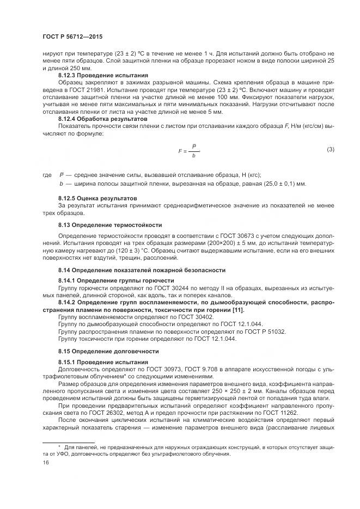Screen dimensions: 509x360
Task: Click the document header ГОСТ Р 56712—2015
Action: coord(72,36)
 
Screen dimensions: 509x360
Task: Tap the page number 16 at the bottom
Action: coord(45,462)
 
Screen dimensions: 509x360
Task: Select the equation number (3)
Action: coord(330,149)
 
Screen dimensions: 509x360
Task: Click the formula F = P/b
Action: coord(188,151)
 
